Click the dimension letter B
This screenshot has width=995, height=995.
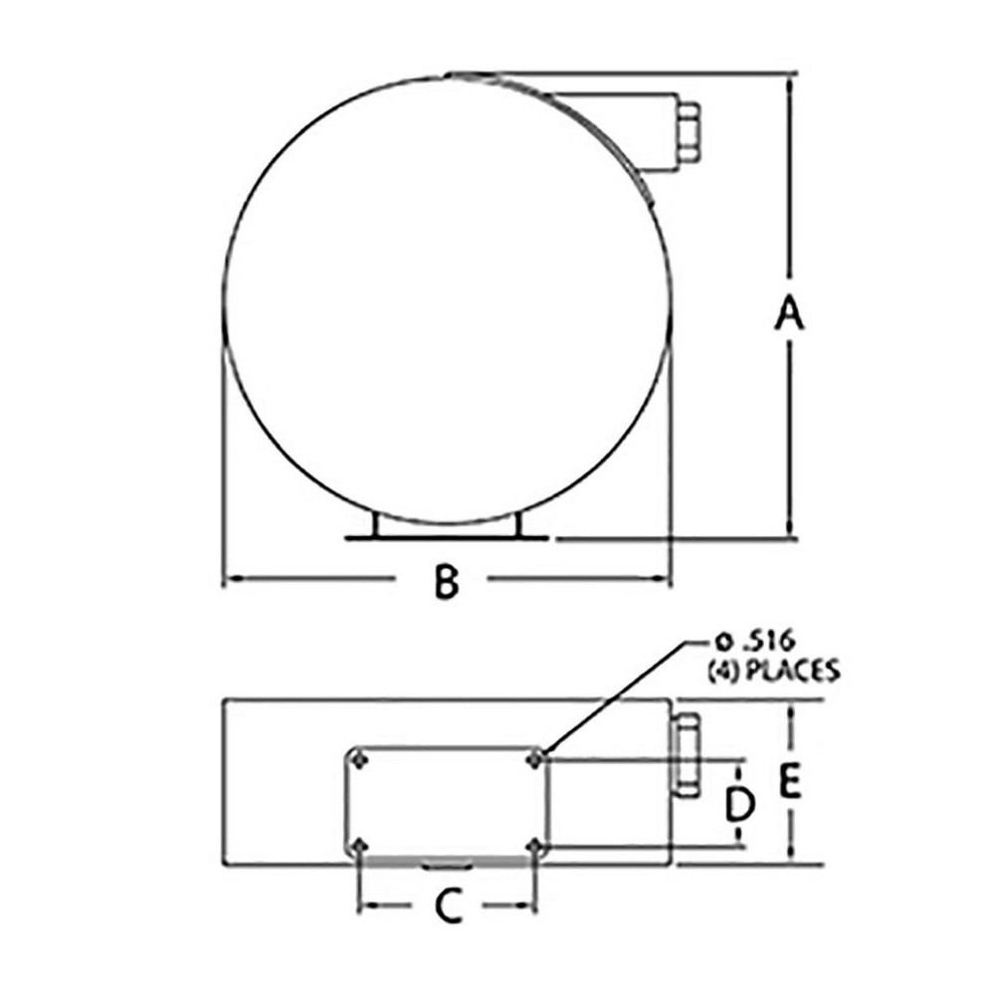(x=446, y=581)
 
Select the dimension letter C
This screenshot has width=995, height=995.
(x=450, y=905)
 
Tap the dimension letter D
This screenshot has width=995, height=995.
(x=740, y=804)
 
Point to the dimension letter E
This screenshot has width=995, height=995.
(x=789, y=781)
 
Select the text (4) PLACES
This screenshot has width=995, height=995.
(x=774, y=670)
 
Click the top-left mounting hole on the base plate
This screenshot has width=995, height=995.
(x=360, y=759)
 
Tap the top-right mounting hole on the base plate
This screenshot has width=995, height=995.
(x=535, y=759)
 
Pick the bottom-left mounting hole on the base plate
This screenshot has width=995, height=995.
(x=360, y=846)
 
